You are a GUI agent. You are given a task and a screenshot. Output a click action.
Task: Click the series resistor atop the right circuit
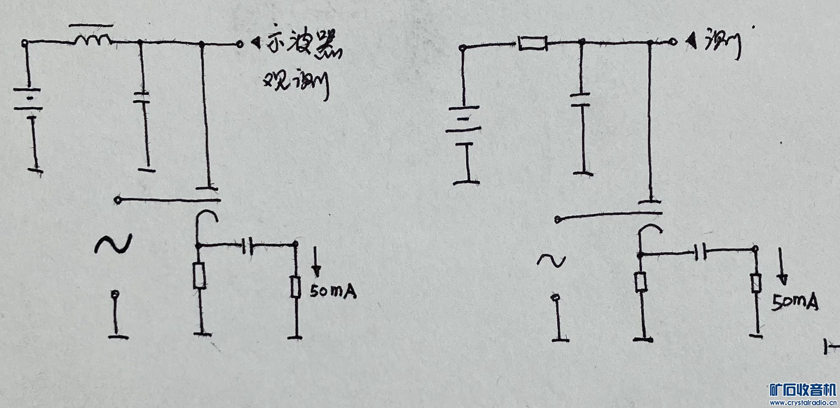point(533,43)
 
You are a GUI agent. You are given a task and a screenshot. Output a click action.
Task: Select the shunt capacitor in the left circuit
point(141,97)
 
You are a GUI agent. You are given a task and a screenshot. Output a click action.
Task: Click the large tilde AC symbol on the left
point(112,244)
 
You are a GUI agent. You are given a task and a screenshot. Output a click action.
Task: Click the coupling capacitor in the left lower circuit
point(247,245)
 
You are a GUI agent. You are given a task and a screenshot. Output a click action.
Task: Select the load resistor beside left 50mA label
point(296,287)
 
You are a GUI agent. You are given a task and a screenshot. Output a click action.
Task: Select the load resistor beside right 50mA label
point(756,283)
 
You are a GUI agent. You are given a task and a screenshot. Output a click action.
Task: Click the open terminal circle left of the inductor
point(25,42)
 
